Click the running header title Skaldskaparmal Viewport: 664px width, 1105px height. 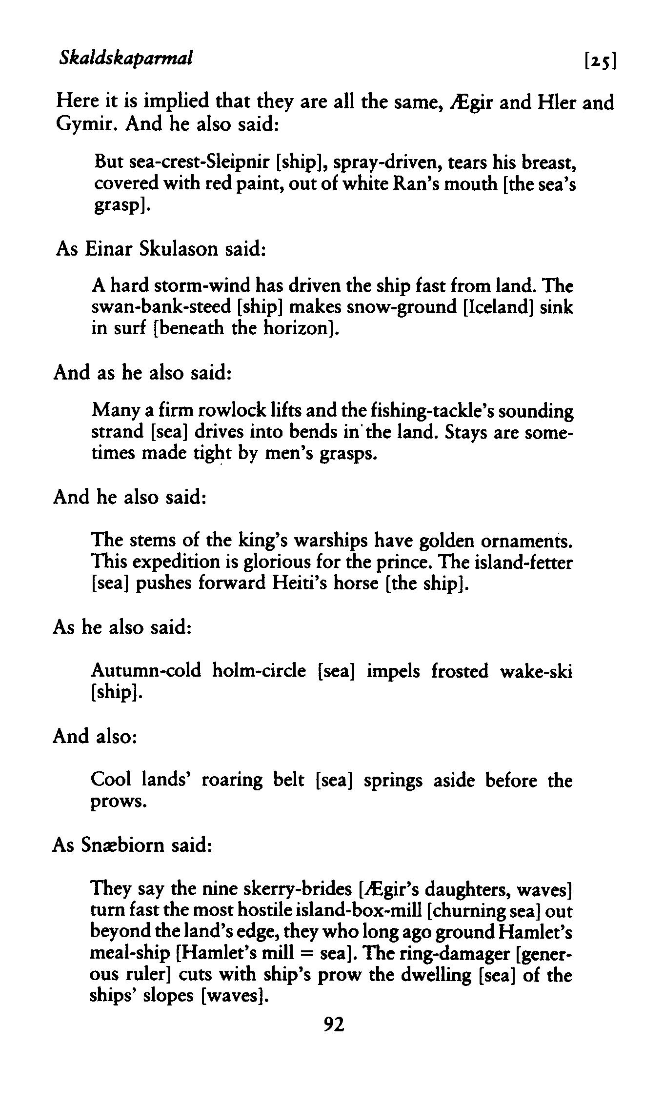(125, 58)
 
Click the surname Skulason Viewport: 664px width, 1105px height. (178, 248)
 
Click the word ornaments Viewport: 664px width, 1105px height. (526, 541)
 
